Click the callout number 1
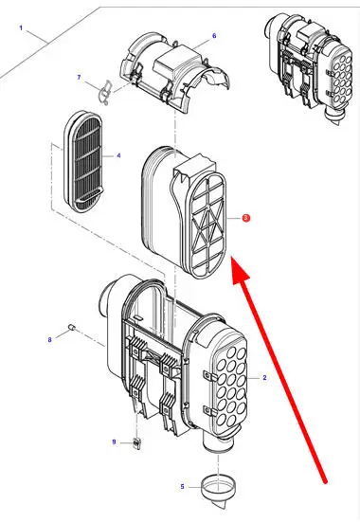pyautogui.click(x=21, y=27)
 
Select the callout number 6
pyautogui.click(x=214, y=36)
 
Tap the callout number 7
pyautogui.click(x=79, y=78)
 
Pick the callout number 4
pyautogui.click(x=118, y=155)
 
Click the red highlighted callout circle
pyautogui.click(x=245, y=218)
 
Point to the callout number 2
pyautogui.click(x=264, y=377)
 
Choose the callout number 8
pyautogui.click(x=49, y=339)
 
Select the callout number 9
pyautogui.click(x=114, y=442)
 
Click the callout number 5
pyautogui.click(x=182, y=487)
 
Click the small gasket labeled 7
pyautogui.click(x=106, y=92)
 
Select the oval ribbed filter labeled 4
pyautogui.click(x=83, y=161)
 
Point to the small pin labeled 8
pyautogui.click(x=72, y=327)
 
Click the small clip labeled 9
pyautogui.click(x=136, y=443)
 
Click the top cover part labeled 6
pyautogui.click(x=175, y=72)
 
